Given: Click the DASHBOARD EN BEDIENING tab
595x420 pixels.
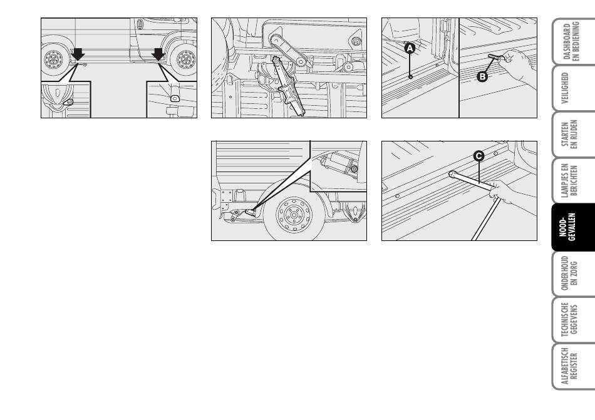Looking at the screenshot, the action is pos(572,41).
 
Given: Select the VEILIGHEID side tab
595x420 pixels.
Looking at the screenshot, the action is pos(572,88).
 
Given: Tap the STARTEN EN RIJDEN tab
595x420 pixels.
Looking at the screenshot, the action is pos(572,135).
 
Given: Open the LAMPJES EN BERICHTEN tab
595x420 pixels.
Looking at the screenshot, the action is pos(572,181).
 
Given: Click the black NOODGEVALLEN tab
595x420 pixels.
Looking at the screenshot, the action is pos(572,227).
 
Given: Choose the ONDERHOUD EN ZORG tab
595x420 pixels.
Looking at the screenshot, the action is pos(572,274).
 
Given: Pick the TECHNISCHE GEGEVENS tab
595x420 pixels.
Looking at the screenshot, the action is pos(572,320).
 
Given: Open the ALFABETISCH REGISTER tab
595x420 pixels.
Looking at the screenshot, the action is pos(572,366).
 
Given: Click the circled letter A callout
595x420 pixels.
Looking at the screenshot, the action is pos(410,48).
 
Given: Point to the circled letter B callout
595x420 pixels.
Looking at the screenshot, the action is pos(482,76).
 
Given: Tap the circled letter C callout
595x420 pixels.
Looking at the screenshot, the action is pos(479,156).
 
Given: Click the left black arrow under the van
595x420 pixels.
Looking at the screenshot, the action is pos(78,54).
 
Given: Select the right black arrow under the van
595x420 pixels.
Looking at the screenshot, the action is pos(158,54).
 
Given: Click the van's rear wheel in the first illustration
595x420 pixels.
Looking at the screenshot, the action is pos(53,59).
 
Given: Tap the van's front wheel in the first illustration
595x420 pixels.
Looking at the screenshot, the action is pos(185,59).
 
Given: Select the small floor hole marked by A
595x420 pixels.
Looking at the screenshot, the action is pos(410,77).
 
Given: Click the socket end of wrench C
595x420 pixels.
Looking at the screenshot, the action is pos(452,174).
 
